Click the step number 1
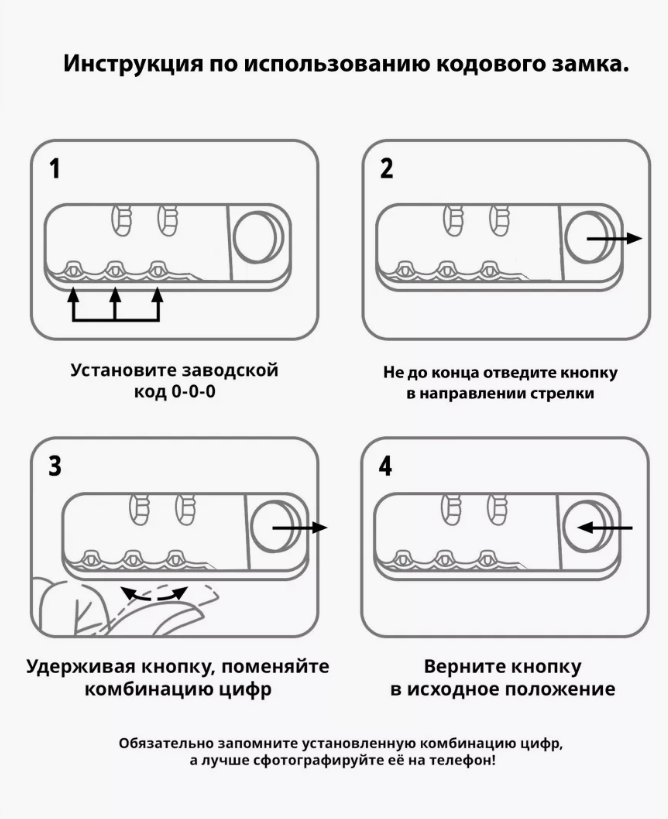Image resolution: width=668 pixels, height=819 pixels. [55, 169]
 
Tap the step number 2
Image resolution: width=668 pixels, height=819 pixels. [386, 169]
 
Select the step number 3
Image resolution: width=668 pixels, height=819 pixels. [55, 466]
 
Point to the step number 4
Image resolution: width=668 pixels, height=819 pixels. [386, 466]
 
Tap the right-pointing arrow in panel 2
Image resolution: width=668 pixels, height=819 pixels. [612, 238]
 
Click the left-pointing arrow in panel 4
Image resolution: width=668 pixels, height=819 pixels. [606, 527]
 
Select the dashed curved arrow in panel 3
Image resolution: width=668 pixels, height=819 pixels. [153, 593]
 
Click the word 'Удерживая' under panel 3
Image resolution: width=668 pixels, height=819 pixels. [85, 666]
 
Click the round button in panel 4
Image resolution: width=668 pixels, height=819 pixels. [584, 527]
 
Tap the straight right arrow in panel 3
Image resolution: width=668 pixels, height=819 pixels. [299, 527]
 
